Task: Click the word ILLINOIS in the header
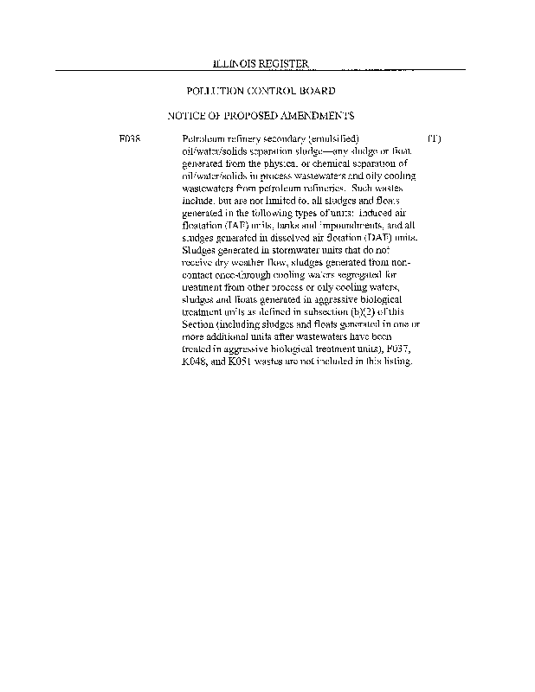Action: pyautogui.click(x=233, y=65)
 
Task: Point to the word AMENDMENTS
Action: pyautogui.click(x=313, y=115)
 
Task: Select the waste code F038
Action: pyautogui.click(x=131, y=138)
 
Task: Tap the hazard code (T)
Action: pyautogui.click(x=435, y=138)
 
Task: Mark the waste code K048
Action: pyautogui.click(x=196, y=361)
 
